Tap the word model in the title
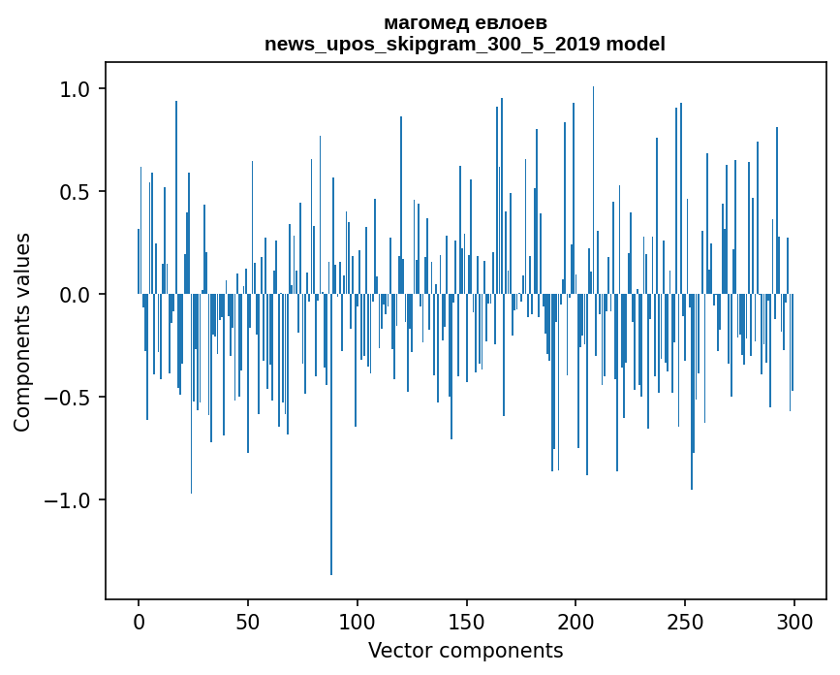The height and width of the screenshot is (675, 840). tap(636, 44)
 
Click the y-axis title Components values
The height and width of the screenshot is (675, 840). tap(22, 332)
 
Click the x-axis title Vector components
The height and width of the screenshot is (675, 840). tap(465, 650)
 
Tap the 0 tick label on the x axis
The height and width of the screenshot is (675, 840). tap(139, 620)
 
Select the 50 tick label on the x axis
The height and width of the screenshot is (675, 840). tap(248, 620)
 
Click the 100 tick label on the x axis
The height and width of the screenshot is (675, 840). tap(358, 620)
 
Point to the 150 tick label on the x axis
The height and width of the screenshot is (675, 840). tap(466, 620)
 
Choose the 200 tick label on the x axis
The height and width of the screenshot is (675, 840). tap(576, 620)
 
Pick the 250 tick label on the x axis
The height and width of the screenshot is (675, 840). tap(685, 620)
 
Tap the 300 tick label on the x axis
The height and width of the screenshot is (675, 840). tap(794, 620)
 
